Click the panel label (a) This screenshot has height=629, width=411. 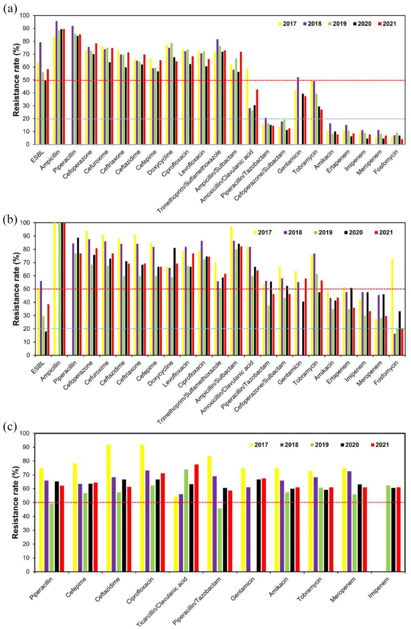pos(9,9)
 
